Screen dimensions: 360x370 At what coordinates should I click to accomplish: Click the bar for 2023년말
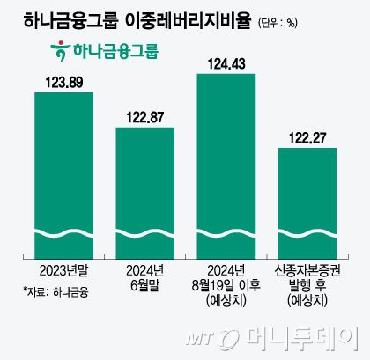(x=63, y=167)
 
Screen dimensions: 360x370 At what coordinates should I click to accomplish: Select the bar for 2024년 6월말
(x=145, y=189)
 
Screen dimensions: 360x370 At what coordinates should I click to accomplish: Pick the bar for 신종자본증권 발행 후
(x=307, y=198)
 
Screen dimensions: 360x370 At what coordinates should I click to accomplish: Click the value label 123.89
(x=63, y=82)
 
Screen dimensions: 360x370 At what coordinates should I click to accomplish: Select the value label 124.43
(x=226, y=63)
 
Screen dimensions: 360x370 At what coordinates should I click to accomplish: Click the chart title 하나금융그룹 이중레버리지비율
(x=132, y=18)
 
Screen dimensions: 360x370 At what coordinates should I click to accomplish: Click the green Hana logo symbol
(x=61, y=51)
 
